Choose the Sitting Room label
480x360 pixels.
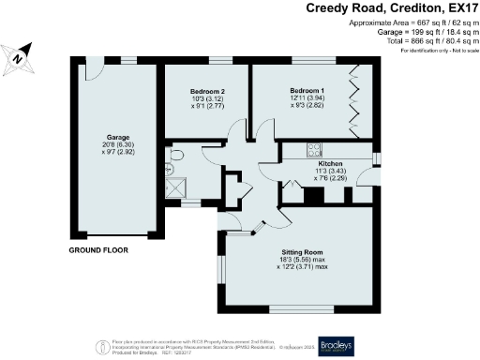(x=302, y=252)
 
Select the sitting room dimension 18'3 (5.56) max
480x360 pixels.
(x=302, y=262)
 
